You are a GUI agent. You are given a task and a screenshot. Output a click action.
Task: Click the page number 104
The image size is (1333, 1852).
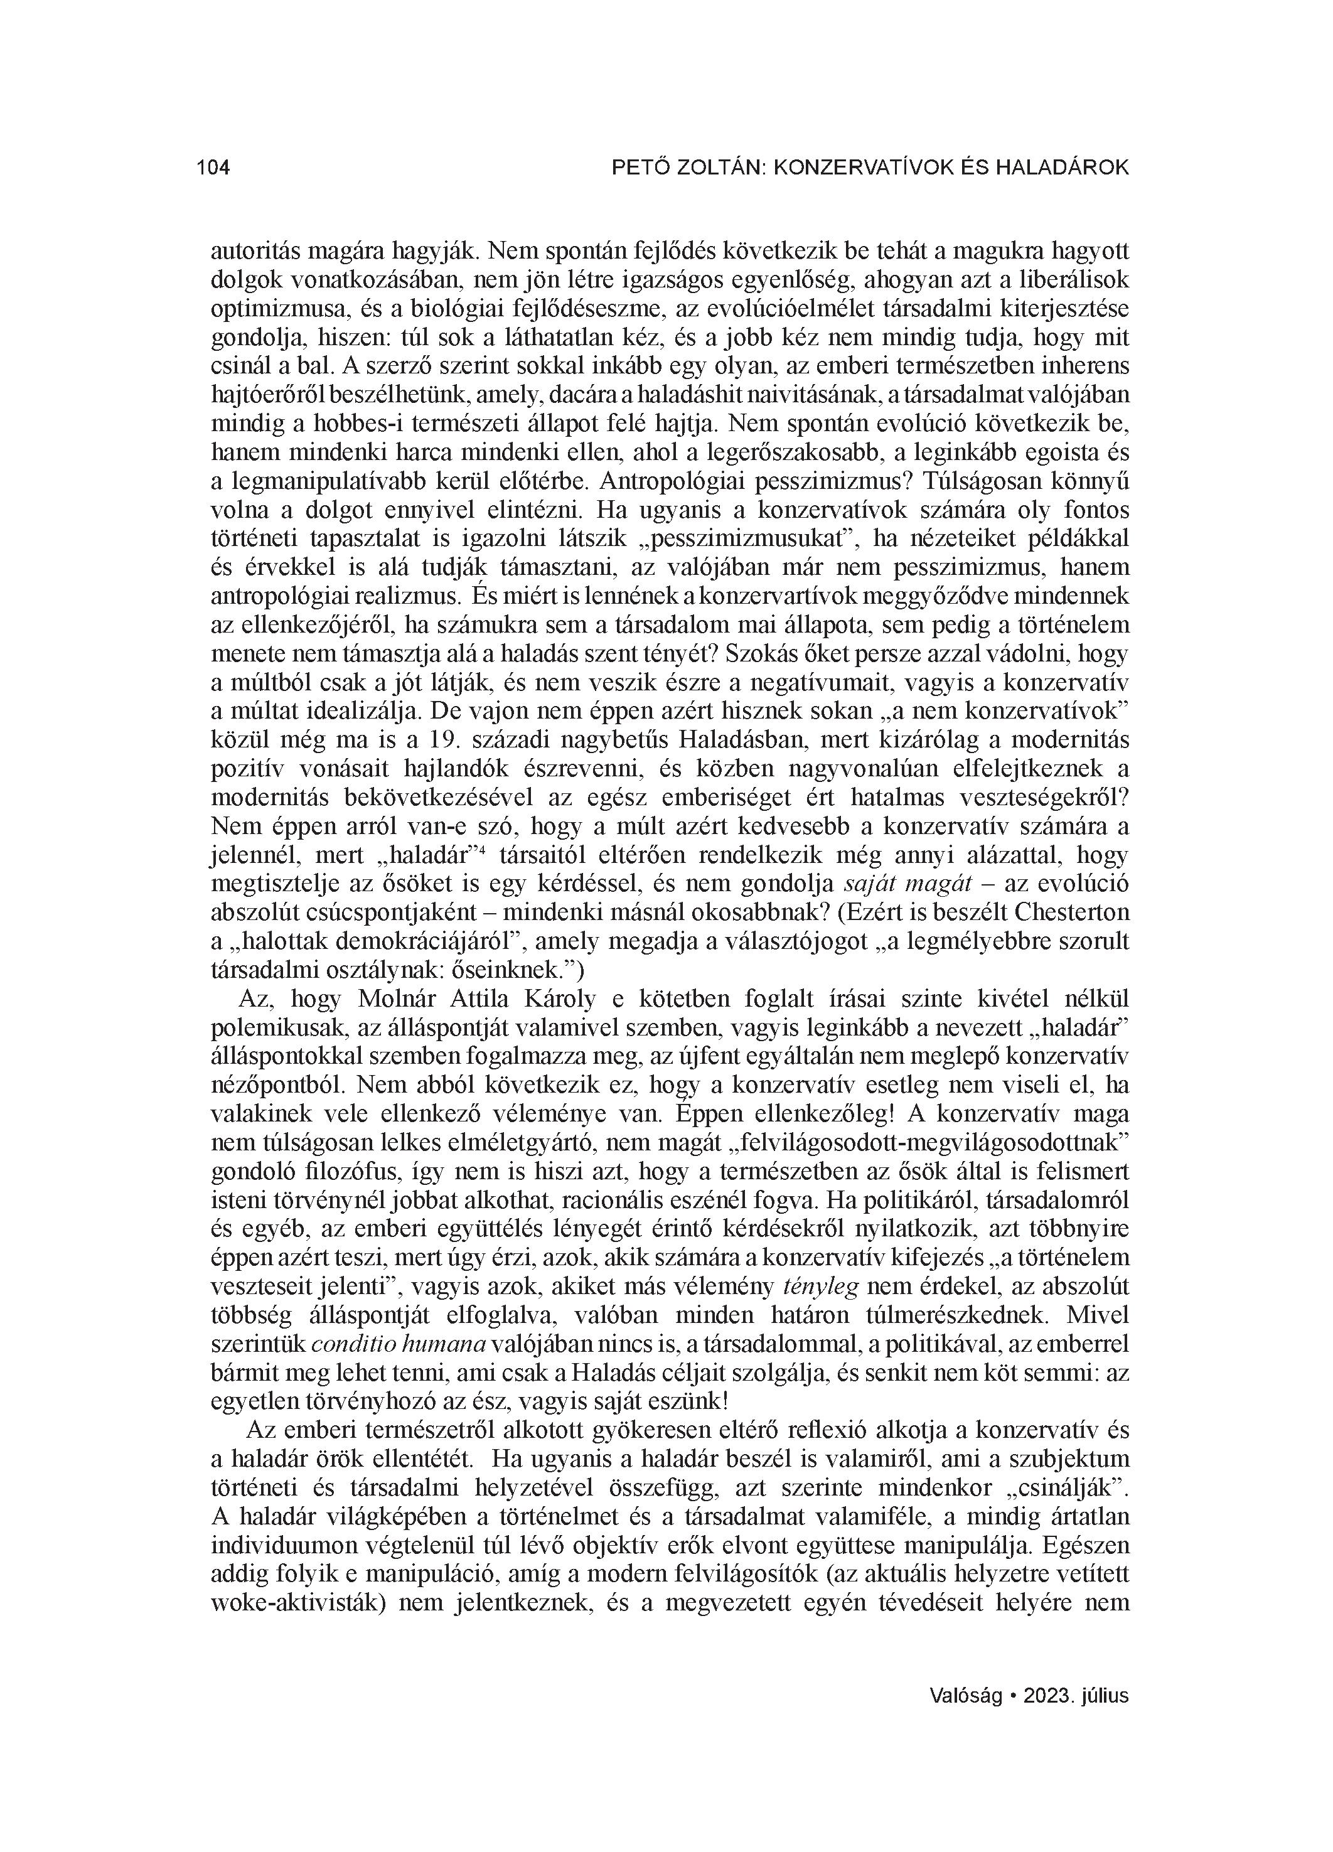pyautogui.click(x=213, y=168)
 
